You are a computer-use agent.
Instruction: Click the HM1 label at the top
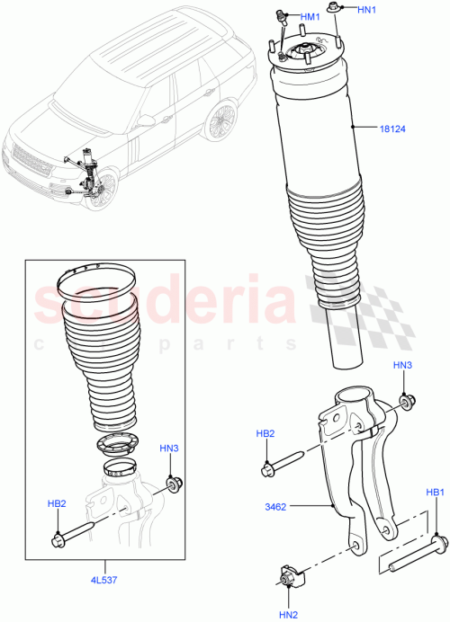pyautogui.click(x=309, y=17)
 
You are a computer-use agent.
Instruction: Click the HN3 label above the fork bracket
pyautogui.click(x=402, y=365)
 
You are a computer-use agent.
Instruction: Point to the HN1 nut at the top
pyautogui.click(x=335, y=10)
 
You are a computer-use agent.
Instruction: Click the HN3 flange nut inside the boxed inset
pyautogui.click(x=172, y=483)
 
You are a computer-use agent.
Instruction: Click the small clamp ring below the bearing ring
pyautogui.click(x=121, y=466)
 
